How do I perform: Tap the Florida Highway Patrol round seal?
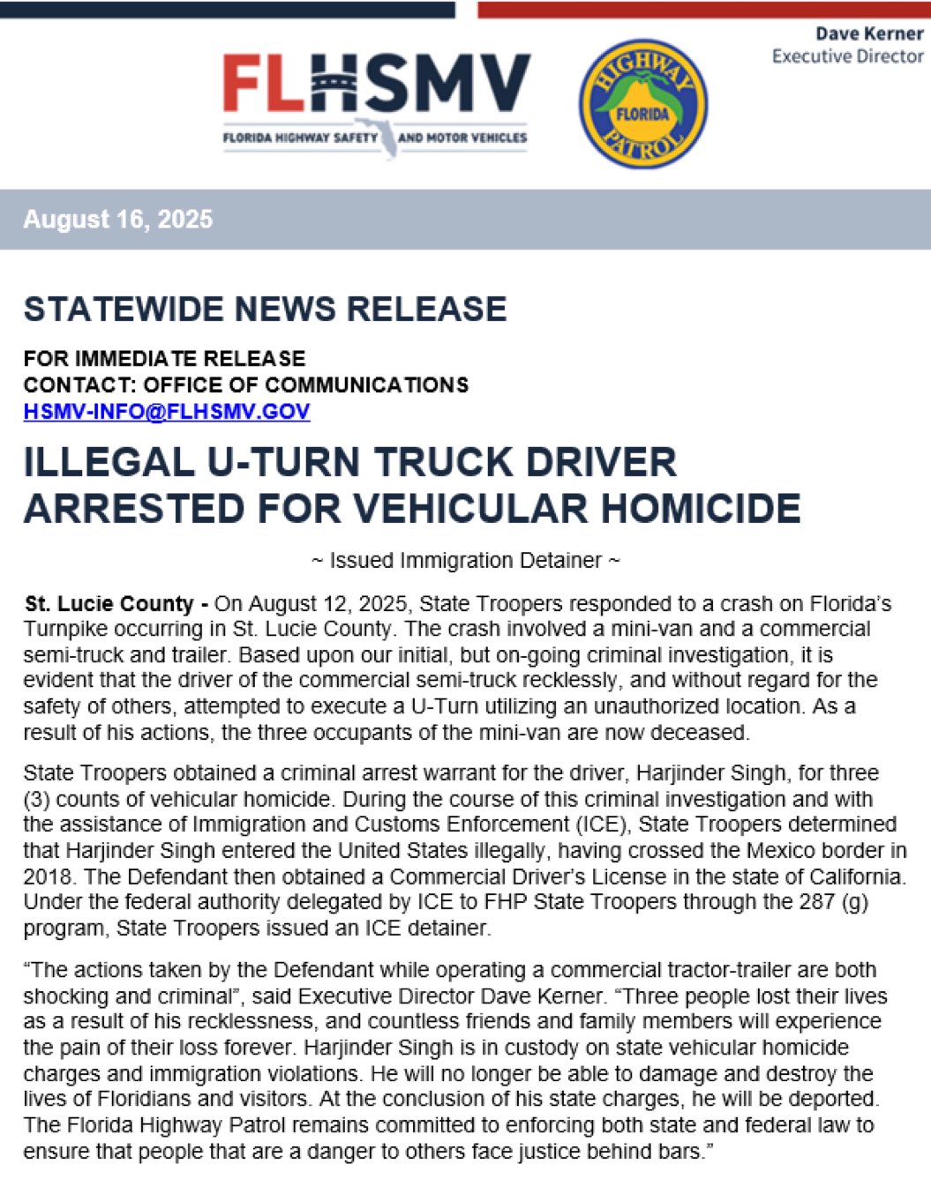coord(642,104)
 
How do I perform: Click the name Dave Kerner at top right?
coord(868,34)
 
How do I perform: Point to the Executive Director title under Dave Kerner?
coord(847,56)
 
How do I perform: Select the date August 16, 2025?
coord(117,219)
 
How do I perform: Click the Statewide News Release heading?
coord(265,309)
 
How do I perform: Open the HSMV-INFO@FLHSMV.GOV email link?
coord(167,411)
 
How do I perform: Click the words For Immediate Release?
coord(164,358)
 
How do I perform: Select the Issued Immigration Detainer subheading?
coord(466,560)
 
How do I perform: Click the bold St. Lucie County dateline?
coord(109,604)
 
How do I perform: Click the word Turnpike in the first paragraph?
coord(67,629)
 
